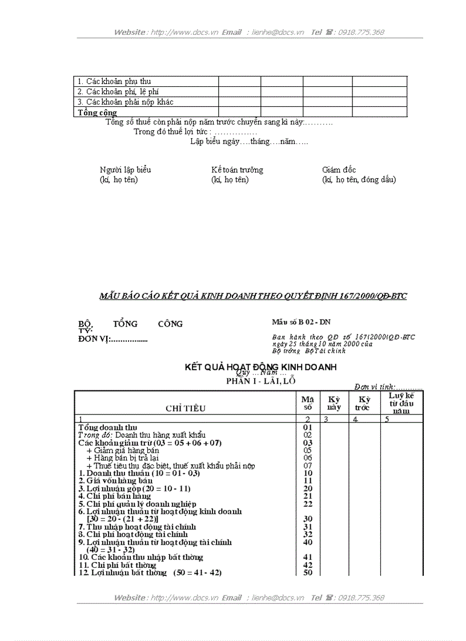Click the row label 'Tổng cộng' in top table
(97, 112)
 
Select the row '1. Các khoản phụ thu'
(114, 82)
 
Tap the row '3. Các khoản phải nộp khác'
(125, 102)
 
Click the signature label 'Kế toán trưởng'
(237, 170)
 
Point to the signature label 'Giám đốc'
(339, 170)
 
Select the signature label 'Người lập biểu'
(126, 170)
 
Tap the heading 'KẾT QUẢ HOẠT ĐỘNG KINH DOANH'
(260, 367)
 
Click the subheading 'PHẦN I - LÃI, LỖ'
(261, 381)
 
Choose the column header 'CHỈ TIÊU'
(186, 408)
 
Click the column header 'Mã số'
(307, 403)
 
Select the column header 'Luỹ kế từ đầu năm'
(401, 403)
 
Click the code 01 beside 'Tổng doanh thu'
(308, 427)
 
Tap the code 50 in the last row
(308, 573)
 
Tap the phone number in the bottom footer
(361, 598)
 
